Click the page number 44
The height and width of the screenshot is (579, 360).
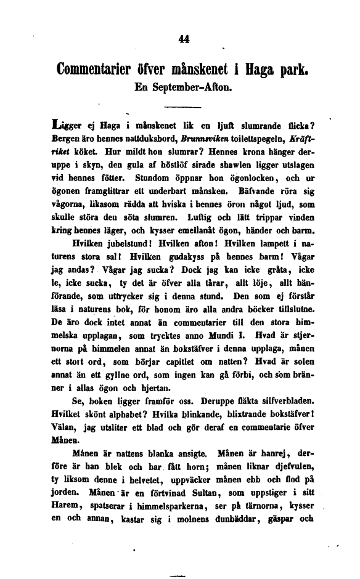(182, 39)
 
